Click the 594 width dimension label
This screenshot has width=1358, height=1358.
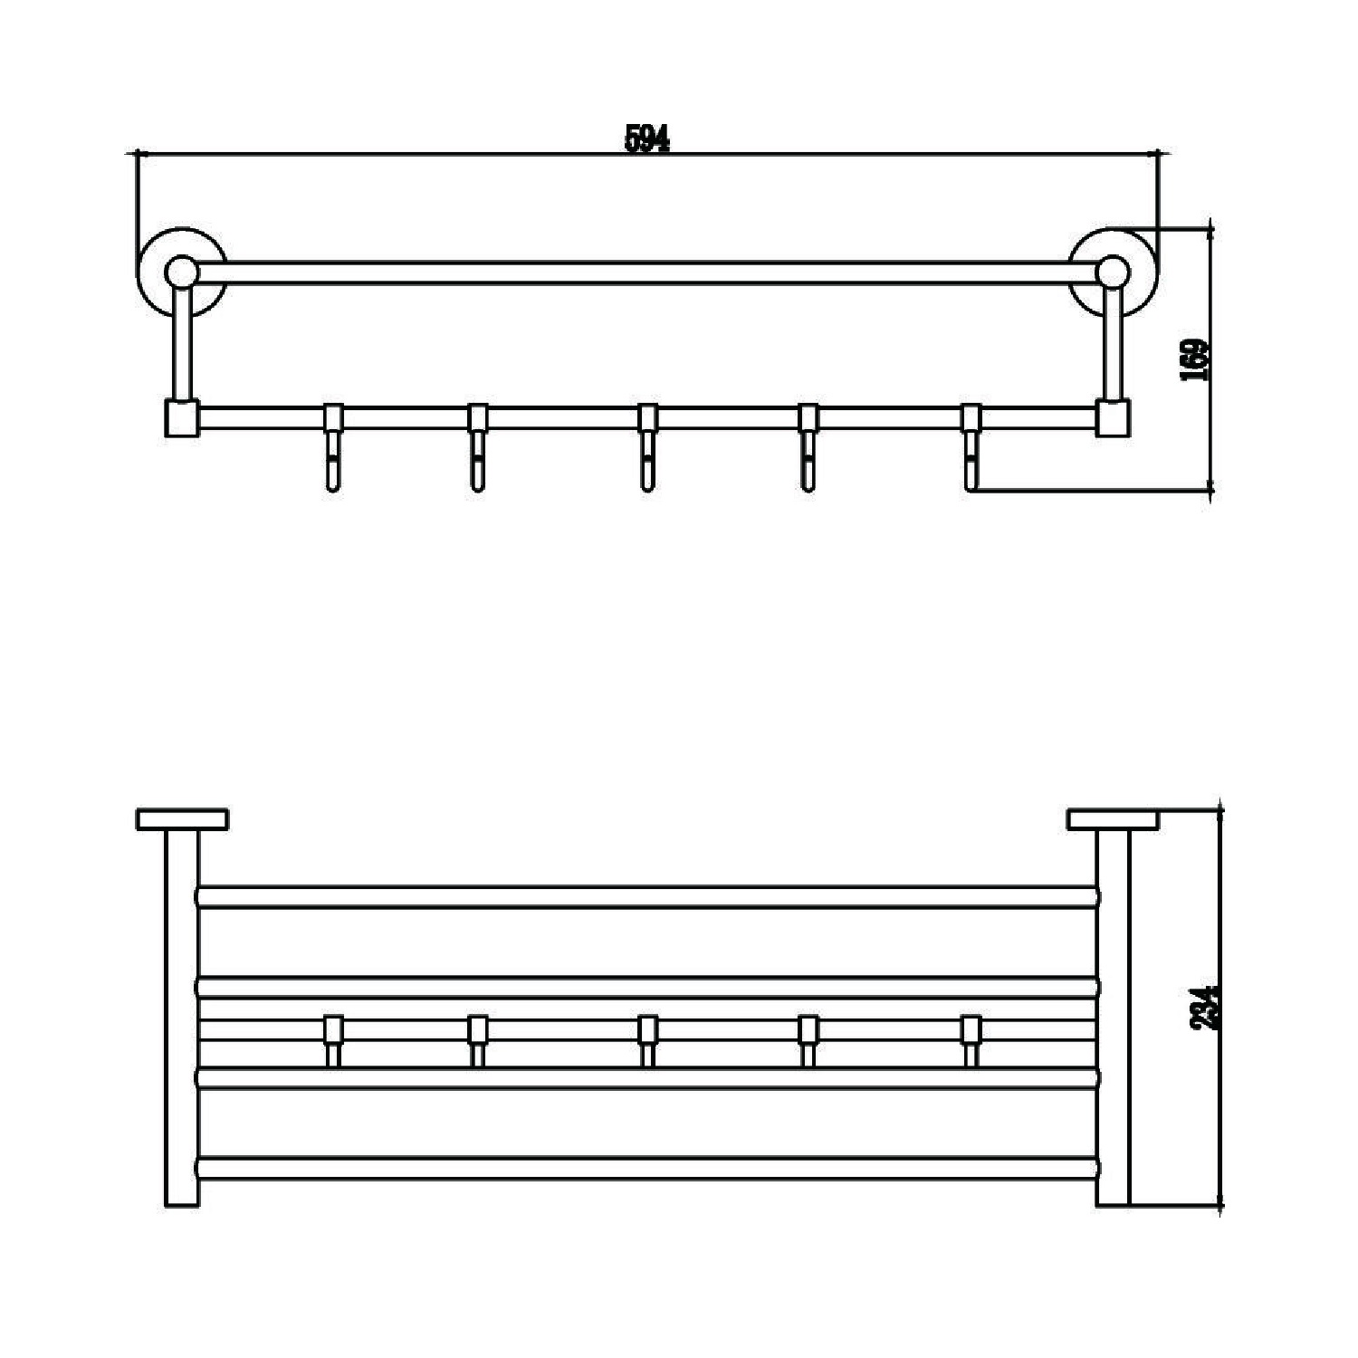647,138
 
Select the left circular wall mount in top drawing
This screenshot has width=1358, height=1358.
183,271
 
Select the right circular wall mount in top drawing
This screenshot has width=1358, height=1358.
1113,271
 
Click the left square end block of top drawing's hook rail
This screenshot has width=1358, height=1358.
182,418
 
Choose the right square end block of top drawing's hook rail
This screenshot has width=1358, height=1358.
1114,418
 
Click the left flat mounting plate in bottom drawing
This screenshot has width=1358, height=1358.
182,819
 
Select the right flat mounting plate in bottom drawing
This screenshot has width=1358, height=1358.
1113,819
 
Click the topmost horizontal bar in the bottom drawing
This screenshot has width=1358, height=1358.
647,897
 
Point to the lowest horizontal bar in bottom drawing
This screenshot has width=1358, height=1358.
647,1168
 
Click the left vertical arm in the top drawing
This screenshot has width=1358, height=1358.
182,342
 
